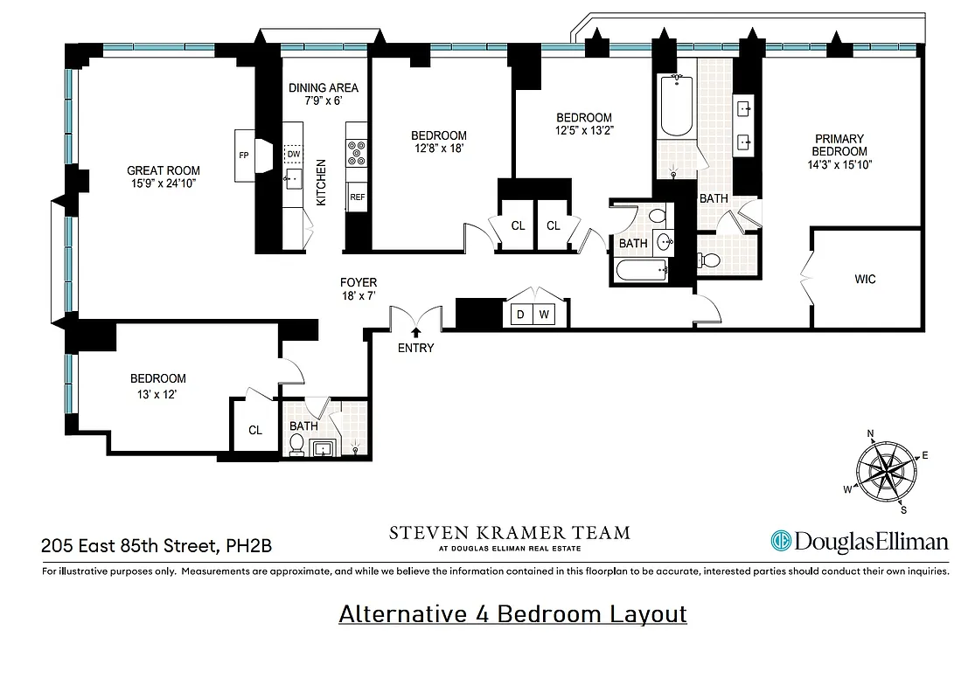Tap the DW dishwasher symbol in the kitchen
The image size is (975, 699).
tap(294, 154)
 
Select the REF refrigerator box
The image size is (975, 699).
tap(357, 197)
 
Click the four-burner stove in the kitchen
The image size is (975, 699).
tap(357, 153)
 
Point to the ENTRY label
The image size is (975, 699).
tap(415, 348)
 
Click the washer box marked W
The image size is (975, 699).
tap(543, 315)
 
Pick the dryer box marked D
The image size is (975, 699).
tap(521, 315)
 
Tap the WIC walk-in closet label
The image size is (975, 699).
tap(865, 280)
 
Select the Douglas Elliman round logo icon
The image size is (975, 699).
tap(781, 542)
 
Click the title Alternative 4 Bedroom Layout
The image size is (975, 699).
tap(512, 614)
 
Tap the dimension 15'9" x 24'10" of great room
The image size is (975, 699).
tap(164, 183)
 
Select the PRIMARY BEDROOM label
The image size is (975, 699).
tap(839, 145)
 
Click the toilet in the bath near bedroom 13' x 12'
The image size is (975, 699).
tap(296, 446)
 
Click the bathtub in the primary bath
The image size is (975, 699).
tap(674, 107)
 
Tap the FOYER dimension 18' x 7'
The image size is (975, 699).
tap(359, 296)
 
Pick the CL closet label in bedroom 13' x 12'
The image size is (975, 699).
tap(254, 430)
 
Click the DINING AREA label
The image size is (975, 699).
tap(323, 87)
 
